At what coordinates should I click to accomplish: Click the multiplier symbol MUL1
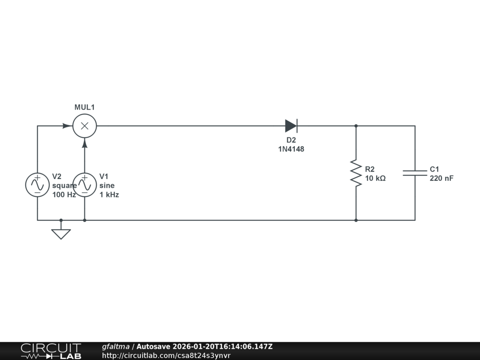coord(84,126)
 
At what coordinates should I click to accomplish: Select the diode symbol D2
coord(291,126)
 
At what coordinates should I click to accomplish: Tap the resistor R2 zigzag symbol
coord(356,173)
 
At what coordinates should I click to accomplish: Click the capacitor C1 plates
coord(415,173)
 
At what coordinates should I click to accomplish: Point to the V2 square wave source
coord(37,185)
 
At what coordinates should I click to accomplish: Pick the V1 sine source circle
coord(84,185)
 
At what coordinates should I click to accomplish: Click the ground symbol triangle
coord(61,233)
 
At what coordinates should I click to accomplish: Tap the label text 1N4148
coord(291,149)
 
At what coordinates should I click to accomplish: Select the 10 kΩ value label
coord(375,178)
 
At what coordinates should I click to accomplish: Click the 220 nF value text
coord(442,178)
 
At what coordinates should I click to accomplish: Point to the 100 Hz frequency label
coord(64,195)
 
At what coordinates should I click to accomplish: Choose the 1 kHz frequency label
coord(109,195)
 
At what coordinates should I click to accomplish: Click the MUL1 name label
coord(84,107)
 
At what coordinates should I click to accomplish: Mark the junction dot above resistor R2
coord(356,126)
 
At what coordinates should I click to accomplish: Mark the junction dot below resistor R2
coord(356,220)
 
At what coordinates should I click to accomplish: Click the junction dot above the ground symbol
coord(61,220)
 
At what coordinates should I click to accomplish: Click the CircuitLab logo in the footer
coord(51,351)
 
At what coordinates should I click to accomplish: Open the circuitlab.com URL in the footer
coord(166,355)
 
